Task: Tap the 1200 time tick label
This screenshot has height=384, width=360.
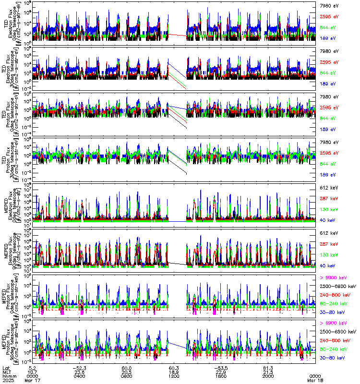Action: (x=174, y=376)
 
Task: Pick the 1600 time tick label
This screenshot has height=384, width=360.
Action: (x=220, y=376)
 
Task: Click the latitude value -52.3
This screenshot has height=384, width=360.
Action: (x=80, y=367)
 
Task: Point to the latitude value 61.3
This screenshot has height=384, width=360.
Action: (x=267, y=367)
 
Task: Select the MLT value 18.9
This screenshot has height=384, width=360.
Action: (x=174, y=372)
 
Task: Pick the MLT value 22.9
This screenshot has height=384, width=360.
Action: (x=220, y=372)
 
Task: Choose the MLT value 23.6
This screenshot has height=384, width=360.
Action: (x=80, y=372)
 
